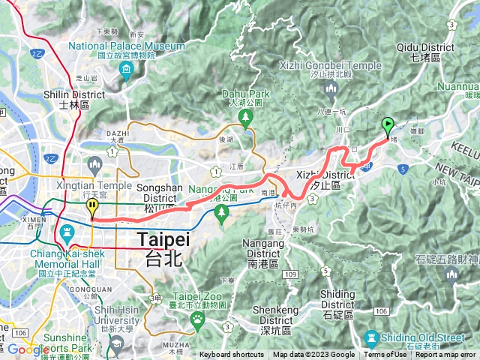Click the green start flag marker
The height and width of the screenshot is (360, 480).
[388, 126]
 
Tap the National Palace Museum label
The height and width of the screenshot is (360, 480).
[126, 46]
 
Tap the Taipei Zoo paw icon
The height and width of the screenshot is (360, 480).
[198, 320]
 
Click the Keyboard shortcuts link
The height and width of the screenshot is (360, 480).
[232, 355]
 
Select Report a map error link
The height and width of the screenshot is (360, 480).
[445, 355]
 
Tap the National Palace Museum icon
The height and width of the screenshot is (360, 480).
[125, 71]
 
